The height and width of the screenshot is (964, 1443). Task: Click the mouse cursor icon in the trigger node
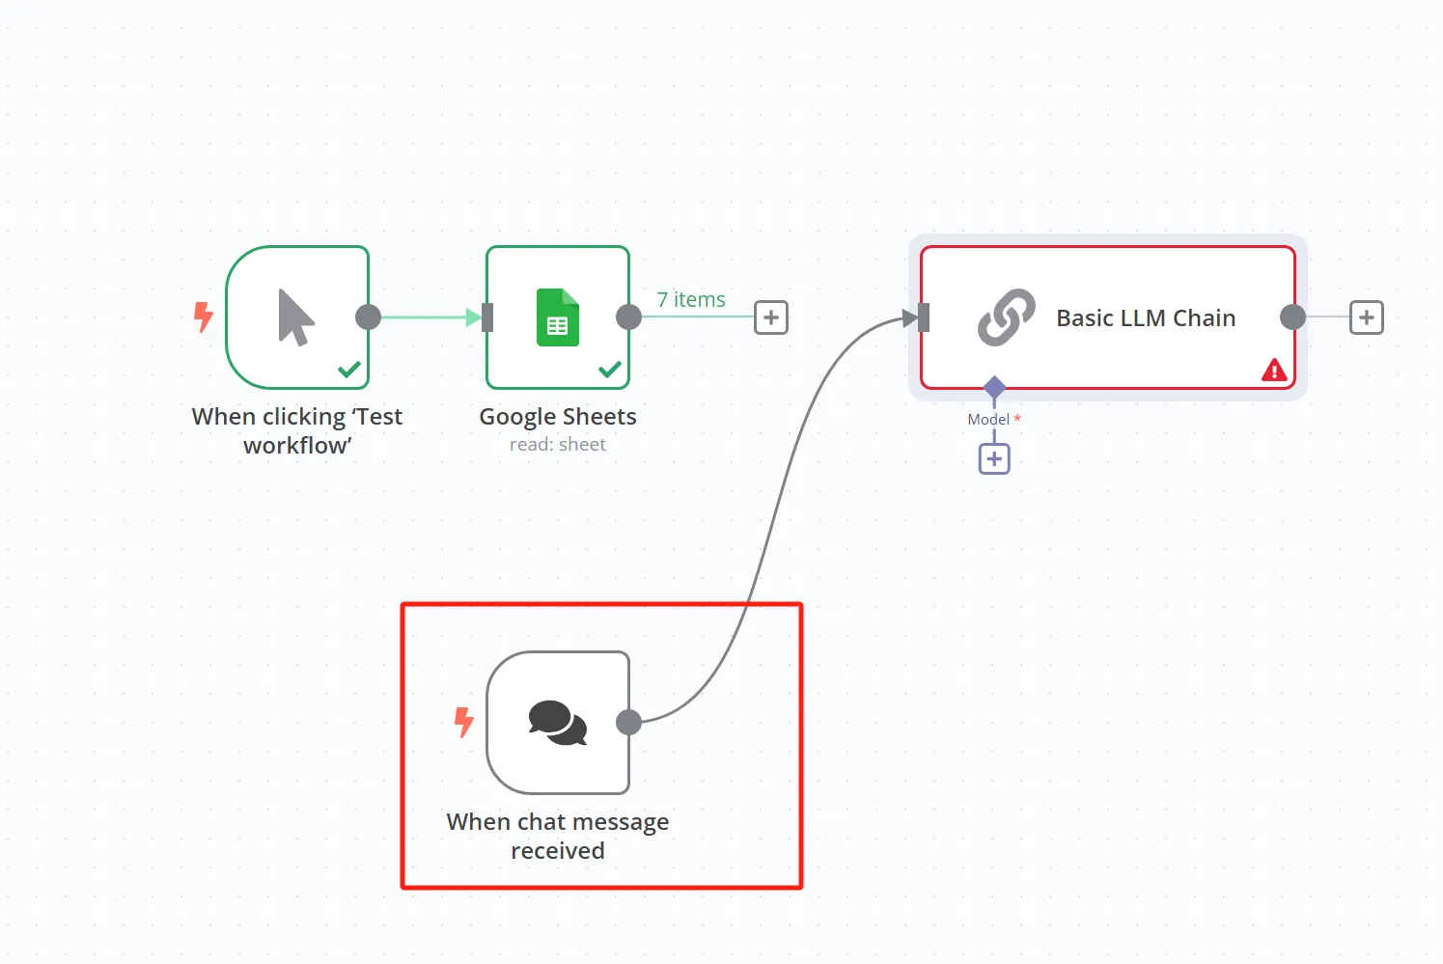(295, 317)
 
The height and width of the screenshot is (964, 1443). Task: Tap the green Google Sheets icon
(558, 317)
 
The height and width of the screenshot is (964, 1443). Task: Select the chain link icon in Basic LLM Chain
(1006, 317)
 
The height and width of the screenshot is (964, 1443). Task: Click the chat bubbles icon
(558, 723)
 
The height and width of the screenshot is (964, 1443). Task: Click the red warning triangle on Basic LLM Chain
(1274, 370)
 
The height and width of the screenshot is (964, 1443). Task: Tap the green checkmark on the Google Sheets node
(610, 369)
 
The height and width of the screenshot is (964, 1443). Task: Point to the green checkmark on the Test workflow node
(349, 369)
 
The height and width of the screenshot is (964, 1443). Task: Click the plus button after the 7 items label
(770, 317)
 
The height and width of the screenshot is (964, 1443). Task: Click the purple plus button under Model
(994, 458)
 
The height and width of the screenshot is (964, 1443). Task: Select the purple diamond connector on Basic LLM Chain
(994, 388)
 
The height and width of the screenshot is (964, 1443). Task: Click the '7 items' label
(691, 300)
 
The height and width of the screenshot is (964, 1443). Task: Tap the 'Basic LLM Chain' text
(1146, 318)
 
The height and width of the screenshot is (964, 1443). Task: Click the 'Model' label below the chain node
(988, 420)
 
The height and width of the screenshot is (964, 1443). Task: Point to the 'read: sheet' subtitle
(558, 445)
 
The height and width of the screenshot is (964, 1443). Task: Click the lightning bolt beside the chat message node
(464, 722)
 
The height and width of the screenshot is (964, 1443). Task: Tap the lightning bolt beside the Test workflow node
(203, 317)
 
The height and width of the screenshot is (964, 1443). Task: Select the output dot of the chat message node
(628, 722)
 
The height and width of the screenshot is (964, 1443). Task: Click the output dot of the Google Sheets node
(628, 317)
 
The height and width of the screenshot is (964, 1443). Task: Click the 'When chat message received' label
(558, 836)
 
